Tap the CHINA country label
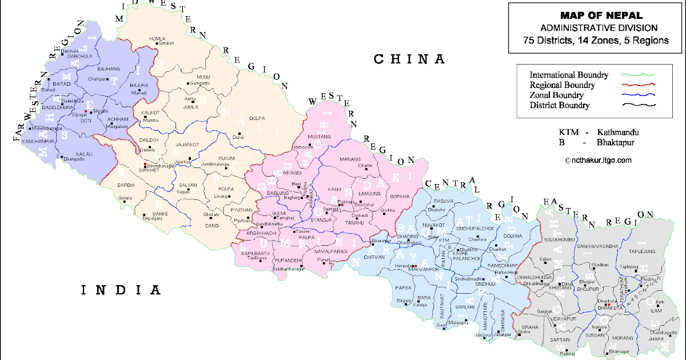click(409, 59)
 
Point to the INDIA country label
click(121, 290)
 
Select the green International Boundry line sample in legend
click(641, 75)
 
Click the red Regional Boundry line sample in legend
click(641, 85)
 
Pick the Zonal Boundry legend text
click(556, 95)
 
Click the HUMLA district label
click(157, 38)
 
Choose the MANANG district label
click(351, 159)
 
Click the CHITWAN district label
click(374, 257)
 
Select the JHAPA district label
click(657, 338)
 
